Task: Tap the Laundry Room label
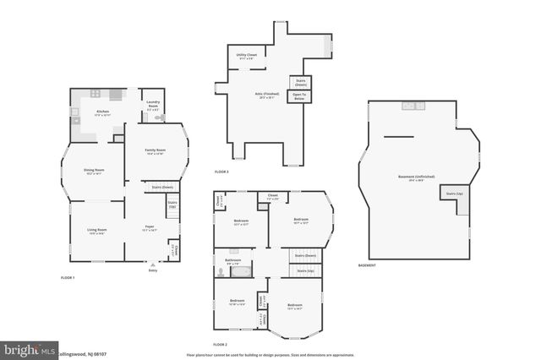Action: click(153, 107)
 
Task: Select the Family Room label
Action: click(155, 151)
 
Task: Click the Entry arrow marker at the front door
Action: click(152, 264)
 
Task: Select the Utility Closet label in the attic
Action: click(246, 56)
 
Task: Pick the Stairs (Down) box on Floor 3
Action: click(300, 83)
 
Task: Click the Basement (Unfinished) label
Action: click(416, 177)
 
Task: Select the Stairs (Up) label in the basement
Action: click(455, 194)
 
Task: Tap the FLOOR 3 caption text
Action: click(221, 172)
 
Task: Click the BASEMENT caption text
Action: click(367, 265)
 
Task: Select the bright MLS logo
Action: click(29, 348)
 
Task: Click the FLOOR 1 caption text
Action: click(67, 278)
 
